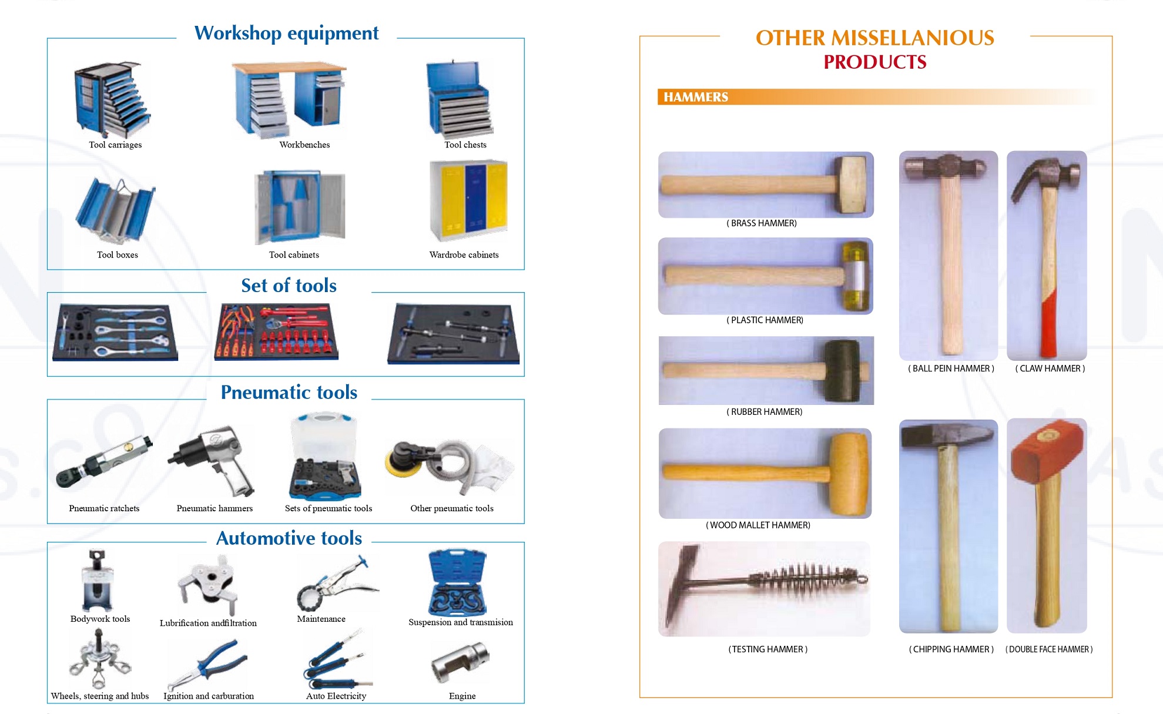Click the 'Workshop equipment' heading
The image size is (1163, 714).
286,33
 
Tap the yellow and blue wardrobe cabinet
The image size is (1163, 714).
468,200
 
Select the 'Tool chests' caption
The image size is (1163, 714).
465,145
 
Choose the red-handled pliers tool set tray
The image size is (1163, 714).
276,331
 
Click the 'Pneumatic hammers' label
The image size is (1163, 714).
214,508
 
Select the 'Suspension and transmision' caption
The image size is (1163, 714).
461,622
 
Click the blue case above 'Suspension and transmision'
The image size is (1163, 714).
457,582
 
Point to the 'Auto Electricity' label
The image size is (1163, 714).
336,696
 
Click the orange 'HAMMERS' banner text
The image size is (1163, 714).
696,97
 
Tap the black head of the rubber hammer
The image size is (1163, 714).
842,371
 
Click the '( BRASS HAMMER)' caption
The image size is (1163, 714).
762,223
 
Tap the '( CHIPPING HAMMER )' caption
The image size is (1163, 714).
951,649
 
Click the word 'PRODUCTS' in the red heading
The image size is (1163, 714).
875,62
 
